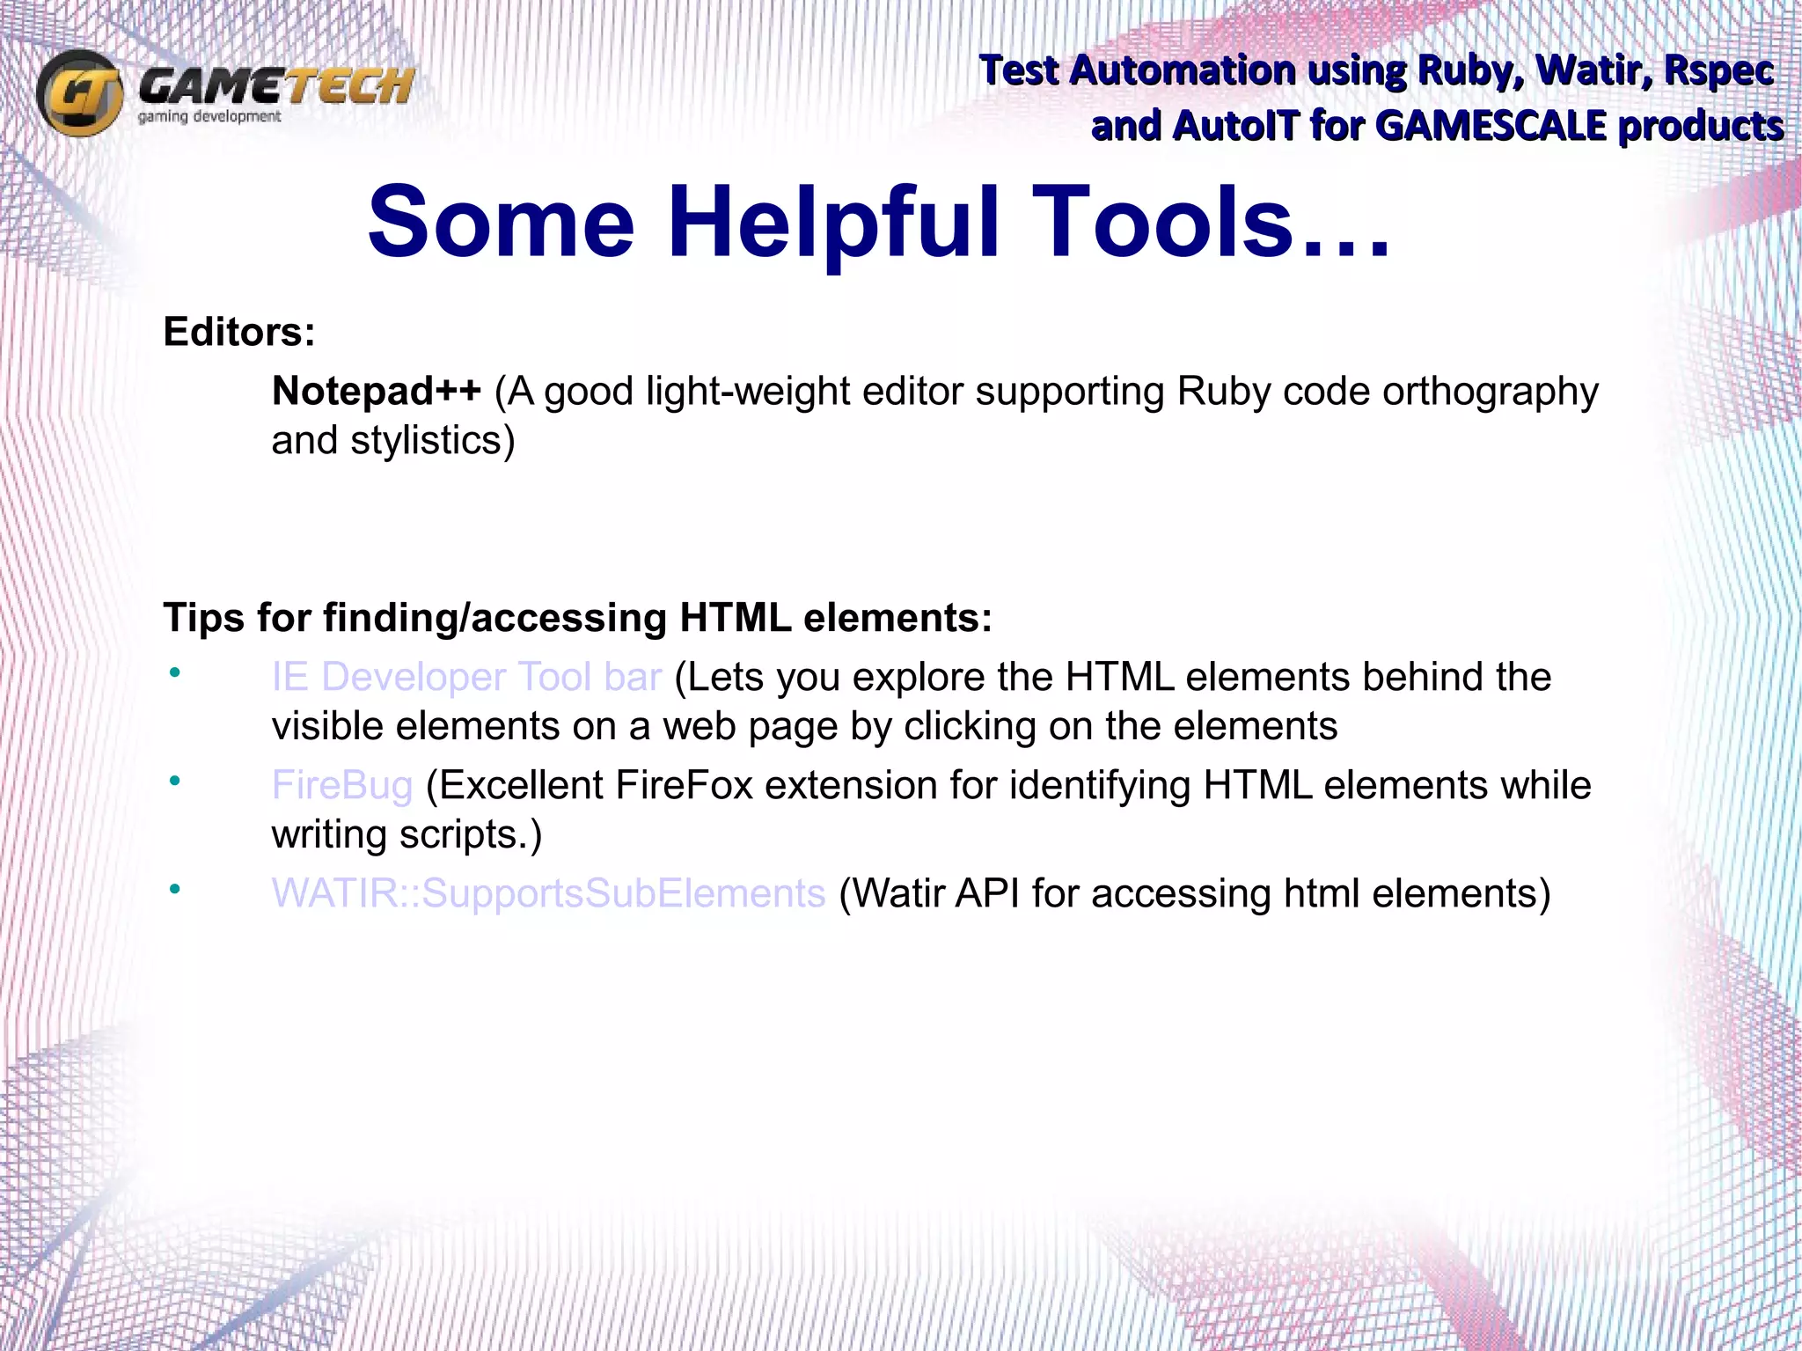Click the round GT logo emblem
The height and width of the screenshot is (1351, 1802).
pos(80,92)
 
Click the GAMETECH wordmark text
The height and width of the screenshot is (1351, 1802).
pos(275,86)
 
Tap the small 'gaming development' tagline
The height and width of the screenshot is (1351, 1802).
pos(209,117)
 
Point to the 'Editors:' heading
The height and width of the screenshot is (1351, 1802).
pos(239,332)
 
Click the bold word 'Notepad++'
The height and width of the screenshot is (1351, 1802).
pos(377,391)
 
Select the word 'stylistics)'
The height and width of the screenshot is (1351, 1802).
pos(432,440)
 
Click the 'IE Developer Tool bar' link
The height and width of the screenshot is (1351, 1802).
pos(466,677)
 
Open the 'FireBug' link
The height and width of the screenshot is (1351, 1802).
pos(341,785)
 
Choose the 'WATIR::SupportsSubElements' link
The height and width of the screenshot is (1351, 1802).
pos(548,893)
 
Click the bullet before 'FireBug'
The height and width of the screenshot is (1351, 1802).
pos(175,781)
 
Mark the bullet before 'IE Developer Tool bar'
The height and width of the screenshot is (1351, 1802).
pos(175,672)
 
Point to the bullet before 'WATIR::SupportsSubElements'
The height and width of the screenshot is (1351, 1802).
pos(175,889)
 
